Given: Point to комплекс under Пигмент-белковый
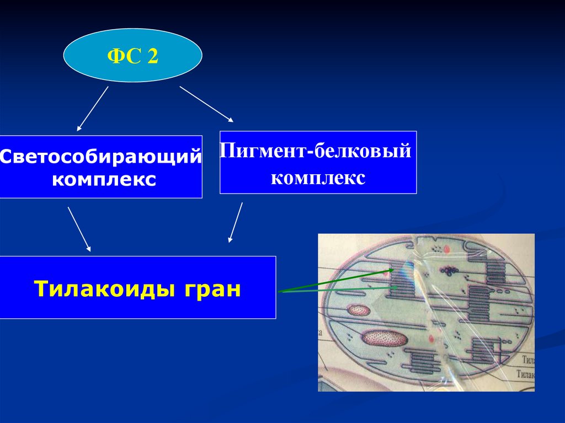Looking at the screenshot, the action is click(319, 178).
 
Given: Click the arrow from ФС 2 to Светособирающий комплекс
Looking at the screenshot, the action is click(93, 108).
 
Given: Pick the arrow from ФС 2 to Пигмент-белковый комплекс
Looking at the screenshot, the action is click(206, 103).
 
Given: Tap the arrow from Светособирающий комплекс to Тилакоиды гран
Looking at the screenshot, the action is click(79, 229).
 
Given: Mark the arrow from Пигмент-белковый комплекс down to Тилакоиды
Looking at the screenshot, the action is click(236, 222).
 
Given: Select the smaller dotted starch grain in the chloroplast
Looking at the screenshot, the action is click(359, 310).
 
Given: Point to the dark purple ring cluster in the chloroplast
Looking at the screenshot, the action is click(449, 271).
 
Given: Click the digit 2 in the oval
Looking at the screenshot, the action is click(152, 56).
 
